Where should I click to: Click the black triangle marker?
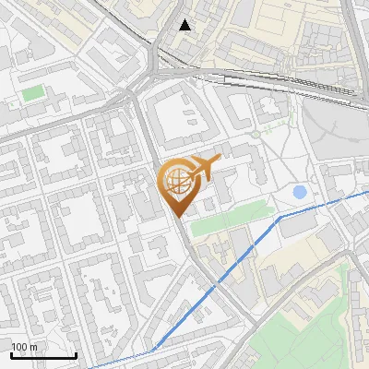point(185,25)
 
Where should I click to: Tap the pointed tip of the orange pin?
point(177,217)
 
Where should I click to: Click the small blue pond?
point(300,193)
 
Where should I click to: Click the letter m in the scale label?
point(34,347)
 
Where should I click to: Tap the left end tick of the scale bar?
point(11,355)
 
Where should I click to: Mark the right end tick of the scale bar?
point(76,355)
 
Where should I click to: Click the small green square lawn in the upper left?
point(33,93)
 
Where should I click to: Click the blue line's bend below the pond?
point(280,217)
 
